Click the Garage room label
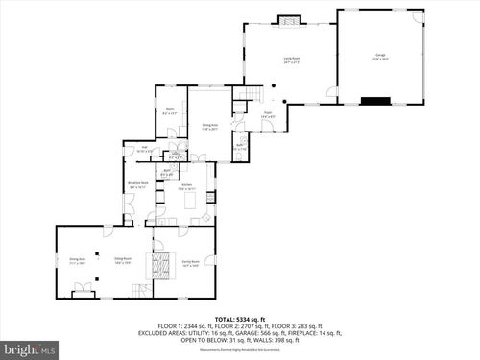coord(380,57)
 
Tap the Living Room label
coord(290,60)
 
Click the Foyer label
coord(269,114)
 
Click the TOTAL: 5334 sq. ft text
coord(239,318)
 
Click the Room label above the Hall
coord(170,110)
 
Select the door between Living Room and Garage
coord(332,92)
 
